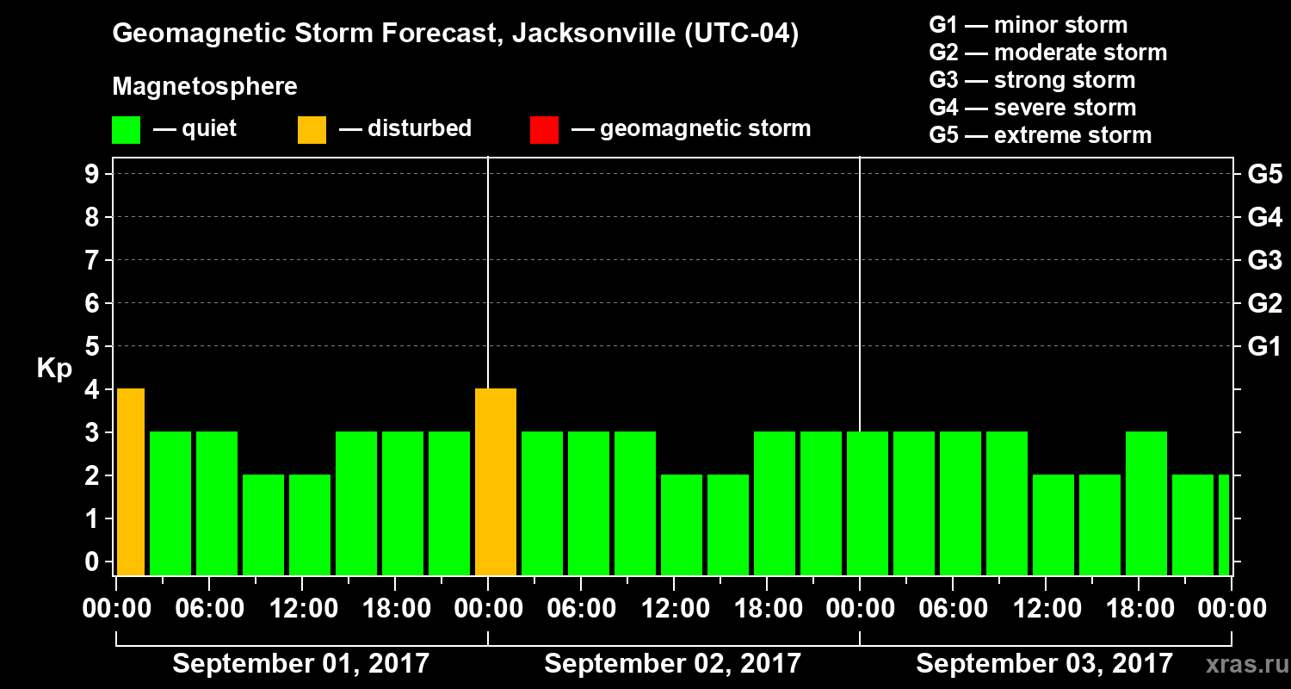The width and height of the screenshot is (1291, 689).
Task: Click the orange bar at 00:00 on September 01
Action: tap(131, 481)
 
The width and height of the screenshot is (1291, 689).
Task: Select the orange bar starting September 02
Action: tap(496, 481)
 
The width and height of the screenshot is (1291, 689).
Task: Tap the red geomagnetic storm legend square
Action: tap(544, 130)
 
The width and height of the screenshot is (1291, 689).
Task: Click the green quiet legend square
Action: tap(126, 130)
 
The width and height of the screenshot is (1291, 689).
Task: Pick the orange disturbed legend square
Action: tap(312, 130)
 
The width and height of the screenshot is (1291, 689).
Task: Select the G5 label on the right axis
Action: tap(1264, 174)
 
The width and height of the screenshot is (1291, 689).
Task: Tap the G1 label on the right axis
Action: tap(1264, 346)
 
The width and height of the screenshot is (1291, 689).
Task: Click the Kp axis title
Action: tap(54, 369)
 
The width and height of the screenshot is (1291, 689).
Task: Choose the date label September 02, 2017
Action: tap(672, 663)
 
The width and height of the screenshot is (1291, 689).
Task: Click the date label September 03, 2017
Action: tap(1044, 663)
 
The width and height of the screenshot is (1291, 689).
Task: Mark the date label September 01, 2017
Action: tap(300, 663)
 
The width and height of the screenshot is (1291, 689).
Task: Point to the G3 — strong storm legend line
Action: tap(1032, 80)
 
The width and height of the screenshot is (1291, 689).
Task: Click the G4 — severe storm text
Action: tap(1033, 108)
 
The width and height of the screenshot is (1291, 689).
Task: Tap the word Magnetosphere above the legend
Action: tap(205, 87)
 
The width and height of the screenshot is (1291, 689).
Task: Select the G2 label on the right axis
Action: tap(1264, 303)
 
